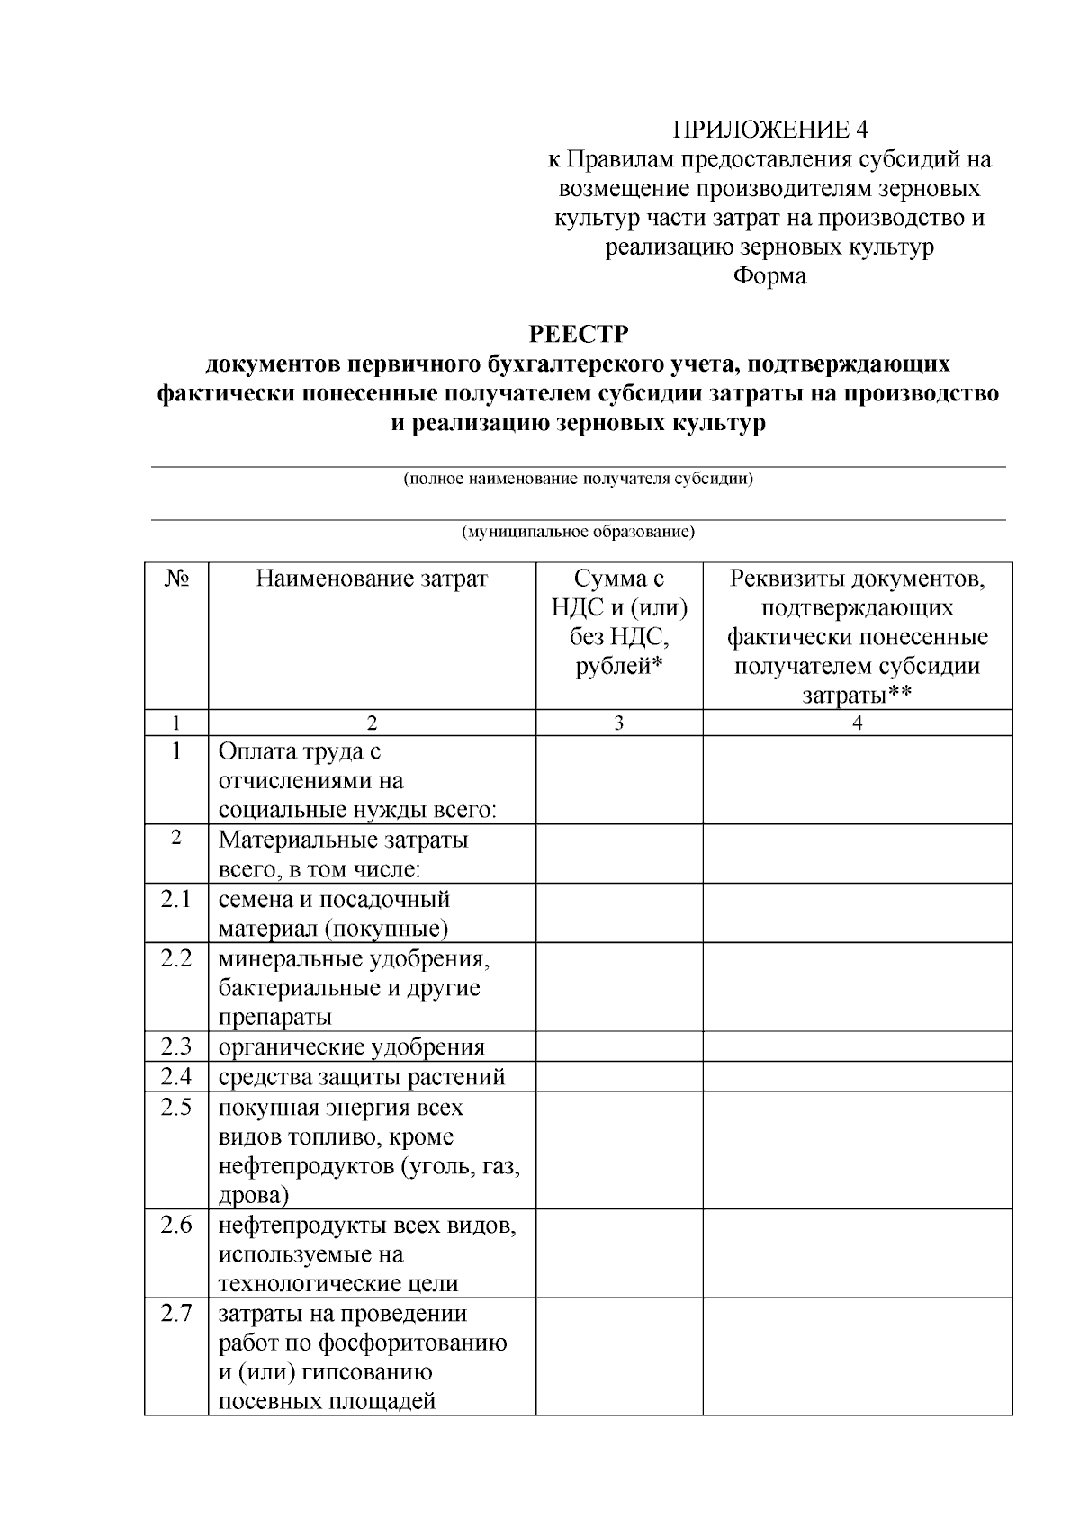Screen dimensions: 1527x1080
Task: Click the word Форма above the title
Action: click(x=770, y=276)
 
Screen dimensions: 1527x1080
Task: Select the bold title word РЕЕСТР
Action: click(x=578, y=335)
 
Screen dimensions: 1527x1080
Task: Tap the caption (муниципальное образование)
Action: click(x=578, y=532)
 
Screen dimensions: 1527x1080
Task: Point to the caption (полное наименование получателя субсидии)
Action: click(x=578, y=478)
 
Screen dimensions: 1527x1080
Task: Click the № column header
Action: click(x=176, y=579)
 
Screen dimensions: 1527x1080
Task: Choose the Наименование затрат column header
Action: click(x=372, y=579)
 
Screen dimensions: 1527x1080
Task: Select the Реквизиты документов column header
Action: click(x=857, y=636)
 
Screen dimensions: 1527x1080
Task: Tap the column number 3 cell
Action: click(x=619, y=723)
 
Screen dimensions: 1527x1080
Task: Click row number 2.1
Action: click(x=176, y=899)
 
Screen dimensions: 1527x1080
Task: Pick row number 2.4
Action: click(x=176, y=1076)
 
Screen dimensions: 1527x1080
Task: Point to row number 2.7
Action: click(x=176, y=1313)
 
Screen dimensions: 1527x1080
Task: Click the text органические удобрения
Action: click(x=352, y=1047)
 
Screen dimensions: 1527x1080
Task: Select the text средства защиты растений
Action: click(x=362, y=1077)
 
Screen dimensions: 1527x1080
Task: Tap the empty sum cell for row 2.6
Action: click(x=619, y=1253)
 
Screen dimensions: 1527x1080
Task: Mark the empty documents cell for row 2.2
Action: click(x=857, y=987)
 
